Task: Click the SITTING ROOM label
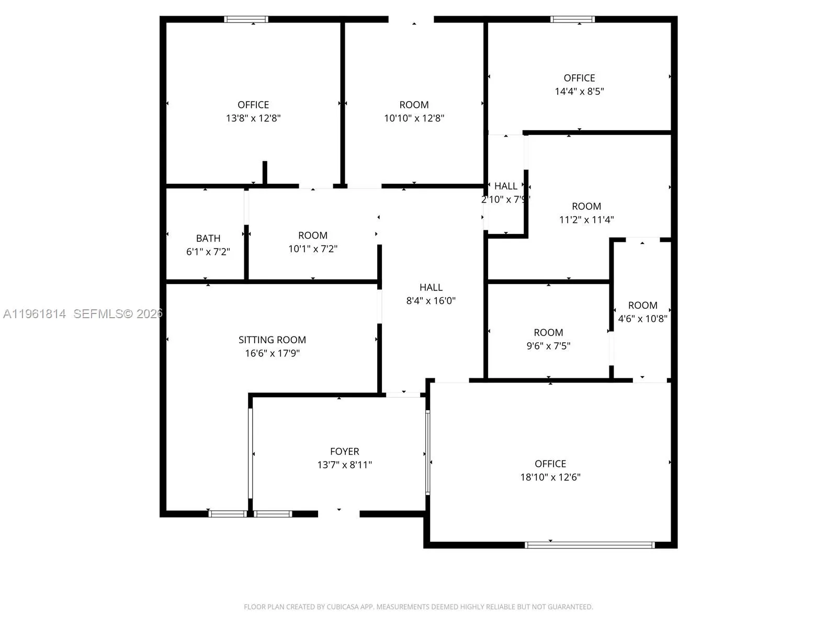tap(272, 340)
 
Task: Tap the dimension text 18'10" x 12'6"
tap(550, 477)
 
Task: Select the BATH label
tap(208, 238)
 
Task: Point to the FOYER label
tap(344, 451)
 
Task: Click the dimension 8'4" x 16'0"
tap(431, 300)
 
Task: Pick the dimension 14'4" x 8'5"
tap(579, 91)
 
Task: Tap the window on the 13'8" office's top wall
tap(246, 19)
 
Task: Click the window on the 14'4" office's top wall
tap(572, 19)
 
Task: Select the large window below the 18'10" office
tap(590, 545)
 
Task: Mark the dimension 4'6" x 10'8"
tap(642, 318)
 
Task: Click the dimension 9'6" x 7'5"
tap(548, 345)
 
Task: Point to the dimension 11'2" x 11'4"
tap(586, 219)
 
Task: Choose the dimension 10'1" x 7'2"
tap(313, 249)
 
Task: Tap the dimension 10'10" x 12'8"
tap(414, 118)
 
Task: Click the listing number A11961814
tap(35, 313)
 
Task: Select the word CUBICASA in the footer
tap(343, 607)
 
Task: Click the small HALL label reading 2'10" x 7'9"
tap(505, 186)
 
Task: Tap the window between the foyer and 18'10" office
tap(427, 452)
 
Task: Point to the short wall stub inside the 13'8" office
tap(265, 173)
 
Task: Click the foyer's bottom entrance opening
tap(339, 513)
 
